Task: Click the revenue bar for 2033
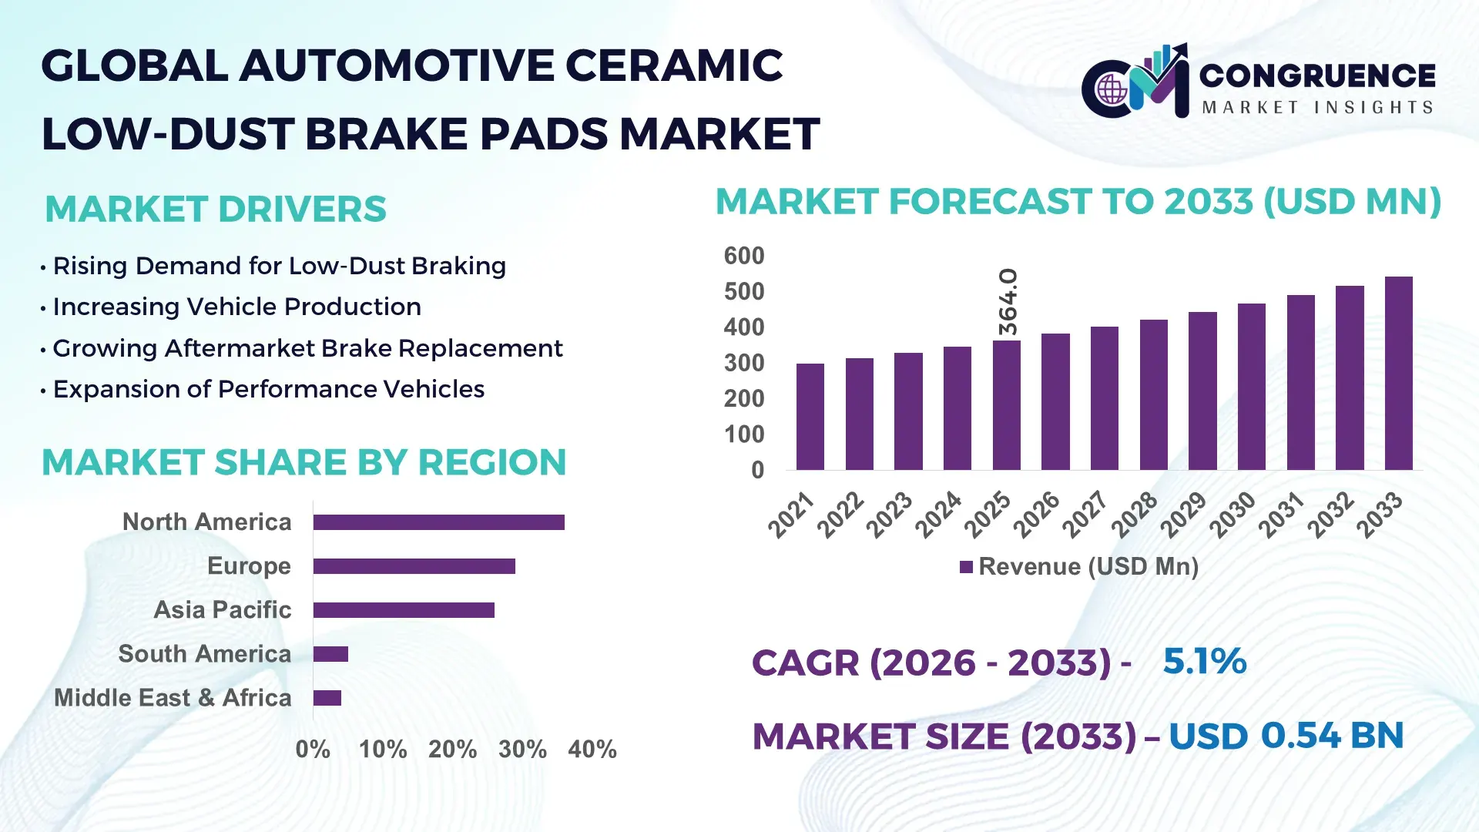coord(1398,374)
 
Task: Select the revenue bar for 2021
coord(810,417)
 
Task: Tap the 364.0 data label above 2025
coord(1008,301)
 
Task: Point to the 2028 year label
coord(1134,514)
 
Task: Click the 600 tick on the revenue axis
coord(743,256)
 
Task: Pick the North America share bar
coord(438,522)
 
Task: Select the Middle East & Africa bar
coord(327,698)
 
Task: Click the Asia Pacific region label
coord(222,609)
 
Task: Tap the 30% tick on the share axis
coord(522,749)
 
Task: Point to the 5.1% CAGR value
coord(1204,661)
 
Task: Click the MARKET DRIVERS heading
coord(216,210)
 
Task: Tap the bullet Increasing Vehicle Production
coord(236,307)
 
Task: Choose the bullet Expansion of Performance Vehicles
coord(268,389)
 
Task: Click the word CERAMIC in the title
coord(674,65)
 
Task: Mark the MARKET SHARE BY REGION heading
coord(304,462)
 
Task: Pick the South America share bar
coord(330,654)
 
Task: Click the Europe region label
coord(249,565)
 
